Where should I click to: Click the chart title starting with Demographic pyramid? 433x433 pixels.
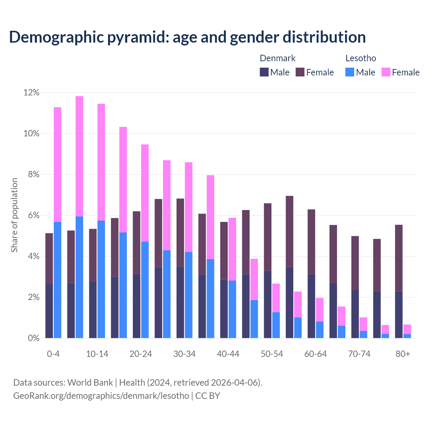click(x=187, y=37)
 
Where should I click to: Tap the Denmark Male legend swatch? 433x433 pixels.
click(x=264, y=72)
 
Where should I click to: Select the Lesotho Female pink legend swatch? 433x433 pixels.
click(x=386, y=72)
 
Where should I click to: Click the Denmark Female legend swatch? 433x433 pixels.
click(x=300, y=72)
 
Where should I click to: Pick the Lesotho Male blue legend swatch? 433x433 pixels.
click(x=350, y=72)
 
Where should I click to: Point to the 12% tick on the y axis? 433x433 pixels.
click(x=31, y=92)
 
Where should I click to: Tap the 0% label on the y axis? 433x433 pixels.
click(x=33, y=338)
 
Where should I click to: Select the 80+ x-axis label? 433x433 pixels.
click(x=403, y=354)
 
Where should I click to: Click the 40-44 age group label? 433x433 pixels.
click(x=228, y=354)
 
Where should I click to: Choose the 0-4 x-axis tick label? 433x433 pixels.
click(x=53, y=354)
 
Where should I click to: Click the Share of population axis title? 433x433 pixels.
click(x=15, y=215)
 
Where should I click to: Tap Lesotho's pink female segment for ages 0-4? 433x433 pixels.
click(x=58, y=164)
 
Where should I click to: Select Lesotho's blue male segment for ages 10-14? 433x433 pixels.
click(x=101, y=279)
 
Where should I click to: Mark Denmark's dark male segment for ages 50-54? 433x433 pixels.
click(x=268, y=304)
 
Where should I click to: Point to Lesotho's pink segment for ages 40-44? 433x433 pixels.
click(x=232, y=249)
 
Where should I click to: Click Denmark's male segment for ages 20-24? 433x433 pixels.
click(x=137, y=306)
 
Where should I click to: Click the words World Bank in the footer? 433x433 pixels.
click(x=90, y=383)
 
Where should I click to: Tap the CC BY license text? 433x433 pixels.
click(x=208, y=396)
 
